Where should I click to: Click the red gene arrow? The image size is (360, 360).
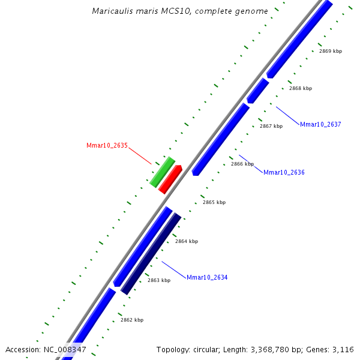coord(170,179)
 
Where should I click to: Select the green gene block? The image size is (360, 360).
coord(162,172)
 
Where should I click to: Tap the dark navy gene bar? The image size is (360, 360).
coord(151,253)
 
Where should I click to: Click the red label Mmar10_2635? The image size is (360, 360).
coord(107,145)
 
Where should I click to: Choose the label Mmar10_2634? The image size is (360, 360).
coord(207,277)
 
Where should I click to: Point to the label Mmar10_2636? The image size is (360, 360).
coord(284,172)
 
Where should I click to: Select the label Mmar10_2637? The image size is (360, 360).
coord(320,124)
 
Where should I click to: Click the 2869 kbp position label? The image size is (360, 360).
coord(331,51)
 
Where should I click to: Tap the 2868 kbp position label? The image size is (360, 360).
coord(301,88)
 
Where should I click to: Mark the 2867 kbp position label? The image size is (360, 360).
coord(271,126)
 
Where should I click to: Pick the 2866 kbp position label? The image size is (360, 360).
coord(242,164)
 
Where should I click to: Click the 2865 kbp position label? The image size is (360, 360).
coord(214,202)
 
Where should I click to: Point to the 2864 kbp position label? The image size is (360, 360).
coord(187,241)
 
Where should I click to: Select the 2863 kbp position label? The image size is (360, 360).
coord(159,280)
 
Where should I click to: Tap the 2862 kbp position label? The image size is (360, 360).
coord(132,320)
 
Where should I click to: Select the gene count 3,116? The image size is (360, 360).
coord(344,349)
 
